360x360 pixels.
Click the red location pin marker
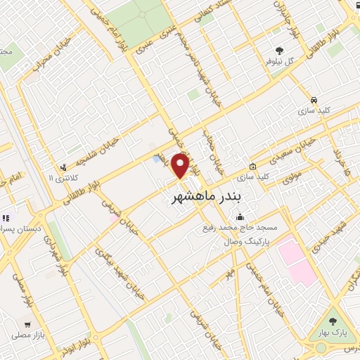(181, 165)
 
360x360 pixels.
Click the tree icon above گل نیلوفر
(279, 51)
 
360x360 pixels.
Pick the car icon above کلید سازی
(314, 100)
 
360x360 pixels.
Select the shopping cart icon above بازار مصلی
(27, 326)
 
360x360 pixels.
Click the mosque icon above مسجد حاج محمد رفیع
(240, 216)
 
